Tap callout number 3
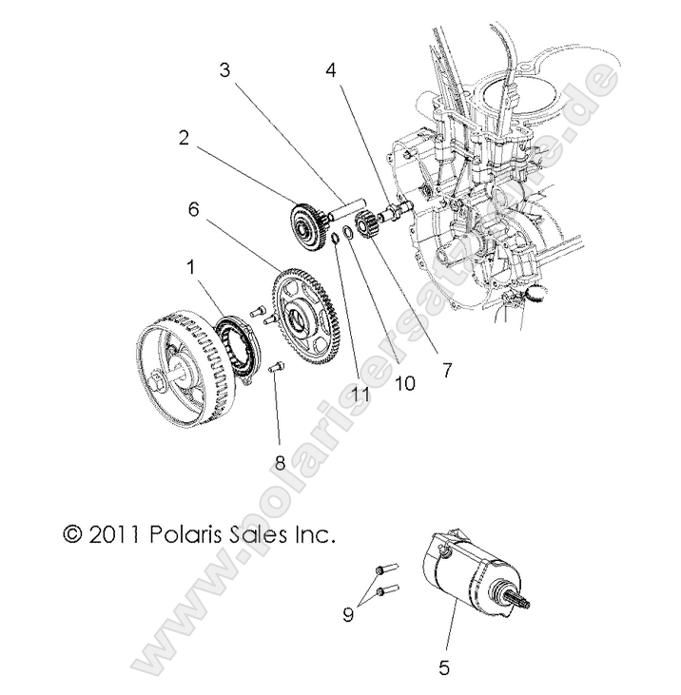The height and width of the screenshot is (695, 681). [225, 69]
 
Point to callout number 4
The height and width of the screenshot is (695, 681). [330, 69]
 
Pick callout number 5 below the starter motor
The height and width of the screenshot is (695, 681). [444, 668]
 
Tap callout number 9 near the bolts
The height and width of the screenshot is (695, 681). [349, 614]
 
